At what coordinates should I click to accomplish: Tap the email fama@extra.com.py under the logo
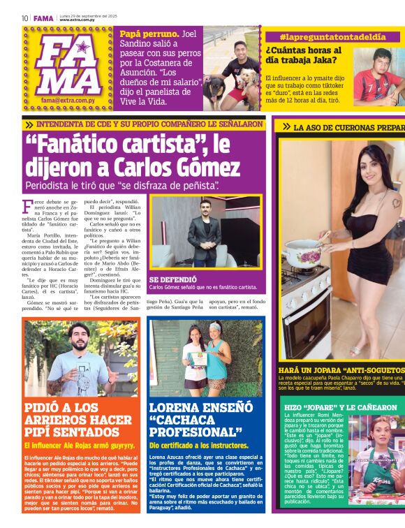tap(68, 101)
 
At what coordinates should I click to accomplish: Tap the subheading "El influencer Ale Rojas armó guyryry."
tap(79, 445)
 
